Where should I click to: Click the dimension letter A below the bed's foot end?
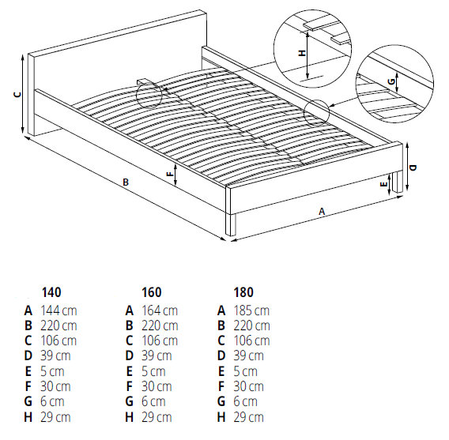click(x=323, y=212)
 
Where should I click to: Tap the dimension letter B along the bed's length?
click(x=126, y=182)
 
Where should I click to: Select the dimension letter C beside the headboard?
click(x=17, y=95)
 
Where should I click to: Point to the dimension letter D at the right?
click(x=413, y=167)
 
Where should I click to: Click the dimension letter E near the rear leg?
click(x=383, y=185)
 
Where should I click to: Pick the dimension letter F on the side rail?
click(x=171, y=174)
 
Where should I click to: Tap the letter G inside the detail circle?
click(x=392, y=81)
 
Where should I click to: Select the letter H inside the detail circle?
click(x=303, y=53)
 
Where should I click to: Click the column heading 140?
click(x=51, y=292)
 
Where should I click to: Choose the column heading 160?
click(x=152, y=292)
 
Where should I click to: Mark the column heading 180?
click(x=243, y=292)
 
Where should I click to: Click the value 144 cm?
click(x=58, y=310)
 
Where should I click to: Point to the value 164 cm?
click(x=160, y=310)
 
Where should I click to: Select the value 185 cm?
click(x=251, y=310)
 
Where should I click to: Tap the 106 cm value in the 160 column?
click(x=160, y=340)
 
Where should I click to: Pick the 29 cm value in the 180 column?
click(x=248, y=417)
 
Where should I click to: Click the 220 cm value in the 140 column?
click(x=58, y=325)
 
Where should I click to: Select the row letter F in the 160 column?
click(x=129, y=387)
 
